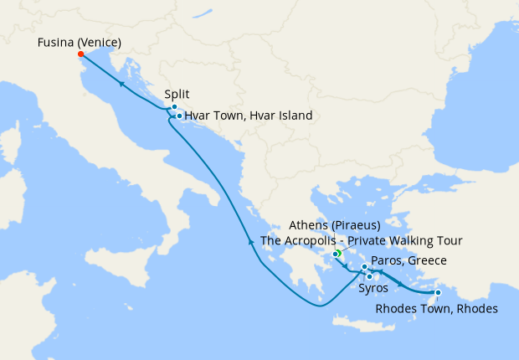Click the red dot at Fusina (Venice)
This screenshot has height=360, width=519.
click(80, 54)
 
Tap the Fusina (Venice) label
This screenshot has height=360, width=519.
click(80, 42)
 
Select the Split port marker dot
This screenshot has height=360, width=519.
click(174, 107)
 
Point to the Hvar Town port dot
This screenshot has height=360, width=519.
click(179, 116)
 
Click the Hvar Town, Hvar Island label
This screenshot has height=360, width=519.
click(249, 116)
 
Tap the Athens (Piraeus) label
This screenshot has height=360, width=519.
click(334, 225)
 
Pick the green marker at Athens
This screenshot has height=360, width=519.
click(338, 253)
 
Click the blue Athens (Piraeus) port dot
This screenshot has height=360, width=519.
click(334, 254)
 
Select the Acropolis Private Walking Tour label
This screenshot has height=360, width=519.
click(362, 240)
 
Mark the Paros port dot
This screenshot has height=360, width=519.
click(364, 267)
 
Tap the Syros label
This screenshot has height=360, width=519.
click(373, 289)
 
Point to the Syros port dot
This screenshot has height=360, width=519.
click(370, 275)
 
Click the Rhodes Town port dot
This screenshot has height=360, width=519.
click(438, 292)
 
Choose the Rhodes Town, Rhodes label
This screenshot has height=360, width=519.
click(437, 309)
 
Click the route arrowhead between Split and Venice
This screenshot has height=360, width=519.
click(122, 84)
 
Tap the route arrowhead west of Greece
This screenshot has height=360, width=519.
click(251, 241)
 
